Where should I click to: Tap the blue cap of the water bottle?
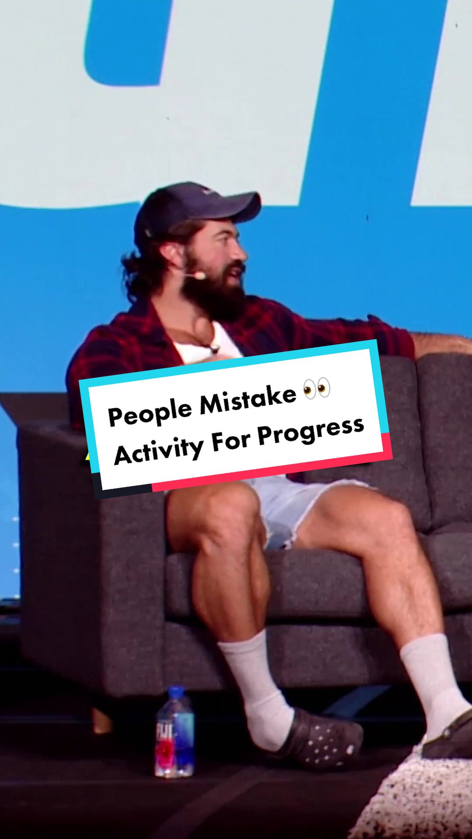click(x=176, y=693)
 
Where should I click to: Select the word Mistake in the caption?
click(x=248, y=399)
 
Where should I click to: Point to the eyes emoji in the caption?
click(x=316, y=388)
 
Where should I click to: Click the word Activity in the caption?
click(x=159, y=450)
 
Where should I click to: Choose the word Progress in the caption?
click(x=311, y=430)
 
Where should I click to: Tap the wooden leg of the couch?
click(x=102, y=719)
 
